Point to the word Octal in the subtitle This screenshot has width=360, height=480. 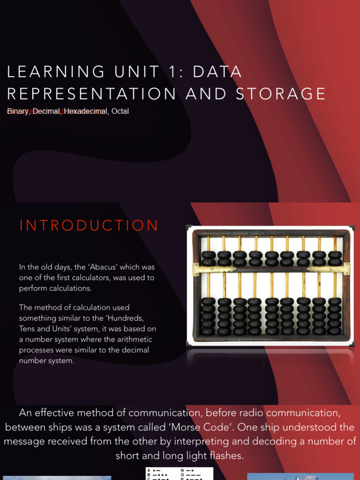point(120,112)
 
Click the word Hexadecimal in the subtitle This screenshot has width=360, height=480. point(86,112)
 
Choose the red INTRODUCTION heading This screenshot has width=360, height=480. point(89,225)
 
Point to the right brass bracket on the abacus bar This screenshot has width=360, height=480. point(328,269)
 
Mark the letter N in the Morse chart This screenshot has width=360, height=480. point(182,470)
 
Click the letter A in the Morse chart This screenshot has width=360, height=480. point(149,470)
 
